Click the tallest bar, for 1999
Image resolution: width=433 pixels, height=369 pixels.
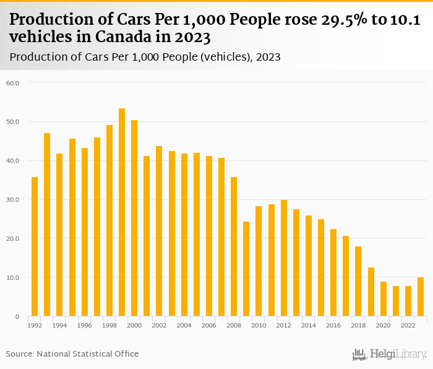point(122,212)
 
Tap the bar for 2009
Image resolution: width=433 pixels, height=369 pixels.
point(246,269)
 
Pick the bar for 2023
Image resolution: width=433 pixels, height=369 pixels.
point(421,297)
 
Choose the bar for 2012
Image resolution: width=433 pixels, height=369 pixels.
point(284,258)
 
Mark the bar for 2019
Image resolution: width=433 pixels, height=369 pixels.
point(371,292)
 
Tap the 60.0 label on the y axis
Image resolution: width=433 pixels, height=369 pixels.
point(13,83)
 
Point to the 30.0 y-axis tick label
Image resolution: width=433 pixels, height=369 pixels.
point(13,200)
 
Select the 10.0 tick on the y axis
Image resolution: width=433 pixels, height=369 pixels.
point(13,278)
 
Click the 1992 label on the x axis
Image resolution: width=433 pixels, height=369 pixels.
point(35,325)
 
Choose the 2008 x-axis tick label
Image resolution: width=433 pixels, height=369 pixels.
point(234,325)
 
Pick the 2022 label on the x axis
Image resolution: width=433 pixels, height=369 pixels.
point(408,325)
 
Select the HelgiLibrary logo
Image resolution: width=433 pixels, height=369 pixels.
point(390,354)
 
